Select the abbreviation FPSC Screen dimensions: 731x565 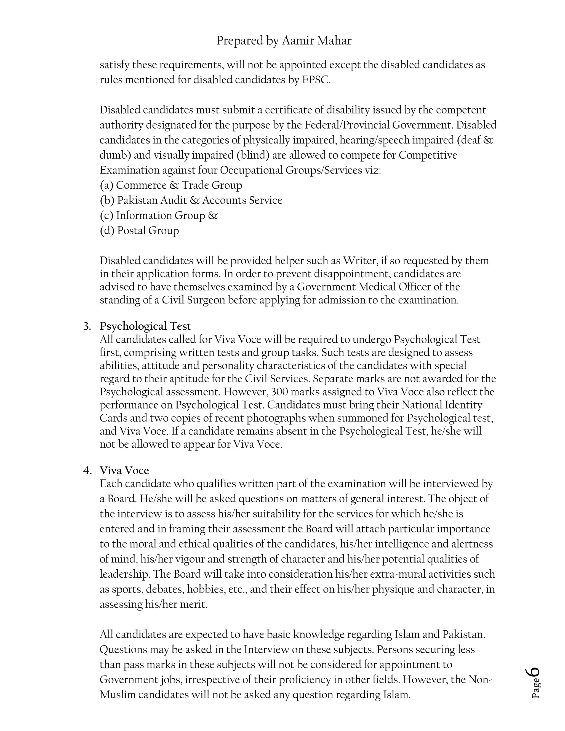[316, 80]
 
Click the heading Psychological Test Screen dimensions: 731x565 [145, 326]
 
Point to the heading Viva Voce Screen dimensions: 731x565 [124, 470]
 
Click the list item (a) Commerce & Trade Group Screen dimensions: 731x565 [171, 185]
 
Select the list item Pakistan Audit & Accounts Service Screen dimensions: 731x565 [199, 200]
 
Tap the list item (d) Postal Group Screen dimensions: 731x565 [139, 230]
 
